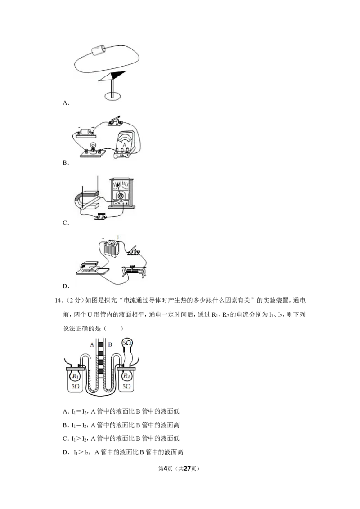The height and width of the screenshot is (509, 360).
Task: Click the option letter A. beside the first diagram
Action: coord(66,103)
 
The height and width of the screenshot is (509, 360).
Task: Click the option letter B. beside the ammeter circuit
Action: coord(66,163)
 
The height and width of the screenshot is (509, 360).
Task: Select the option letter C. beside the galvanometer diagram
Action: coord(66,223)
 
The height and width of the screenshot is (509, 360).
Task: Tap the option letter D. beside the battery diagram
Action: coord(66,286)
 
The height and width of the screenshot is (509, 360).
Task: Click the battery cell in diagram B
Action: coord(85,133)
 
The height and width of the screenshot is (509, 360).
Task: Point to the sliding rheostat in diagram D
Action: coord(134,272)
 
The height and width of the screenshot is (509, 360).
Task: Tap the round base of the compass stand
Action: coord(112,96)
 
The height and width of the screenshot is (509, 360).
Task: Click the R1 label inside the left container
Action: coord(76,376)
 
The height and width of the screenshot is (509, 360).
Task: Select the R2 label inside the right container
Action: coord(126,376)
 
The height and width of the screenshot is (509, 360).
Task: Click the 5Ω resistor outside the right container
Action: coord(127,343)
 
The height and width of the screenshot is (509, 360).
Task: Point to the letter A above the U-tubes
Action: coord(92,344)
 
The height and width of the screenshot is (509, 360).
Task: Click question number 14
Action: coord(58,300)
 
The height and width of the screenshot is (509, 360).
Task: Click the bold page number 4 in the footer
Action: coord(165,469)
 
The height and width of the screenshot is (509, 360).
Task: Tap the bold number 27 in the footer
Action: coord(187,469)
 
